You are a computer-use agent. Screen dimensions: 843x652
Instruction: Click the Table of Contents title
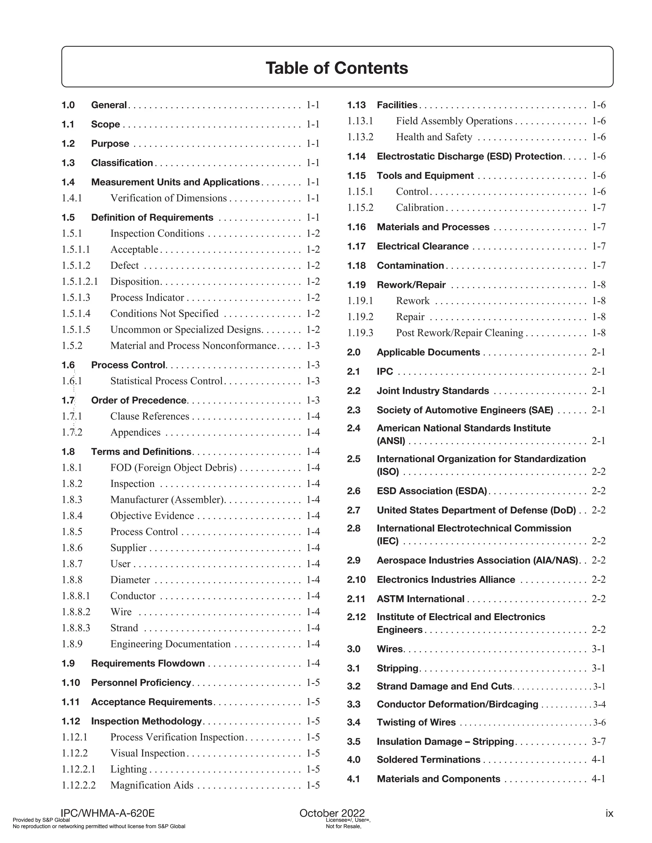coord(337,68)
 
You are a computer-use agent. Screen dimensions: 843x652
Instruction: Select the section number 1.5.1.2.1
coord(80,282)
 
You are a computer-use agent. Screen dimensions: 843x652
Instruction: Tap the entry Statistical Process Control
coord(167,381)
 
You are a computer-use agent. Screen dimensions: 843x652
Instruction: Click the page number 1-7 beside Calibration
coord(599,208)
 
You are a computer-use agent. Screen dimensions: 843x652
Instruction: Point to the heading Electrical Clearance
coord(422,246)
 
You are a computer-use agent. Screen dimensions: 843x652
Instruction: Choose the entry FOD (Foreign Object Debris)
coord(174,468)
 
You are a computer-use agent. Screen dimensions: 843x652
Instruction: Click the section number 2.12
coord(356,617)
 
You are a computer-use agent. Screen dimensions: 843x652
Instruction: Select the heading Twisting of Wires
coord(416,722)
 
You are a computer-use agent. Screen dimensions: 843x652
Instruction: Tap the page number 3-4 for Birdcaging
coord(599,704)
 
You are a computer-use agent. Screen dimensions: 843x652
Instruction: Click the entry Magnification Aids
coord(152,785)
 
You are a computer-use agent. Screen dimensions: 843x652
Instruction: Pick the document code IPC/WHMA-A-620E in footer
coord(108,813)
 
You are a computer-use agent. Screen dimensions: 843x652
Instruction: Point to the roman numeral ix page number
coord(609,813)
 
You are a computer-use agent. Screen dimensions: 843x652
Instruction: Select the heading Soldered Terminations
coord(429,759)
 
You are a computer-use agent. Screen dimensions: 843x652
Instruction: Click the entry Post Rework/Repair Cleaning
coord(459,333)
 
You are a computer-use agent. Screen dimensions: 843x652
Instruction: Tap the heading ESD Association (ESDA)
coord(432,491)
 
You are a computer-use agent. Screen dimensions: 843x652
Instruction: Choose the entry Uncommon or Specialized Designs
coord(186,330)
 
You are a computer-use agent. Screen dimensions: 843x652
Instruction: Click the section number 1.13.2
coord(360,137)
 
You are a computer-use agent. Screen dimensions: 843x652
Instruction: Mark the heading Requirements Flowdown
coord(148,663)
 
